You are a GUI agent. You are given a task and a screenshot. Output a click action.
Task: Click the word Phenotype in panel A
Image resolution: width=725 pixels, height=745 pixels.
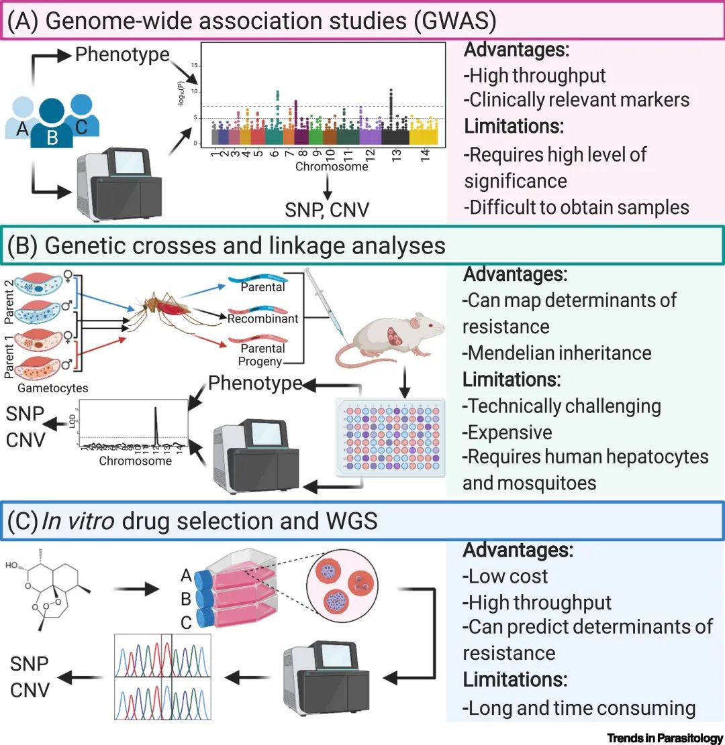point(122,55)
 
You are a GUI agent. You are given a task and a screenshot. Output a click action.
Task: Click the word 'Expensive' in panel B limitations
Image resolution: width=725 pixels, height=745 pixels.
point(507,431)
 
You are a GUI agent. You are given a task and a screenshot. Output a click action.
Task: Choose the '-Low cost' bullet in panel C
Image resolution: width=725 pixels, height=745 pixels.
point(505,576)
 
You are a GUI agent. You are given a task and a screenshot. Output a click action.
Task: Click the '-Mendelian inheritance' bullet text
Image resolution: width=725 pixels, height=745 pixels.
point(557,352)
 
